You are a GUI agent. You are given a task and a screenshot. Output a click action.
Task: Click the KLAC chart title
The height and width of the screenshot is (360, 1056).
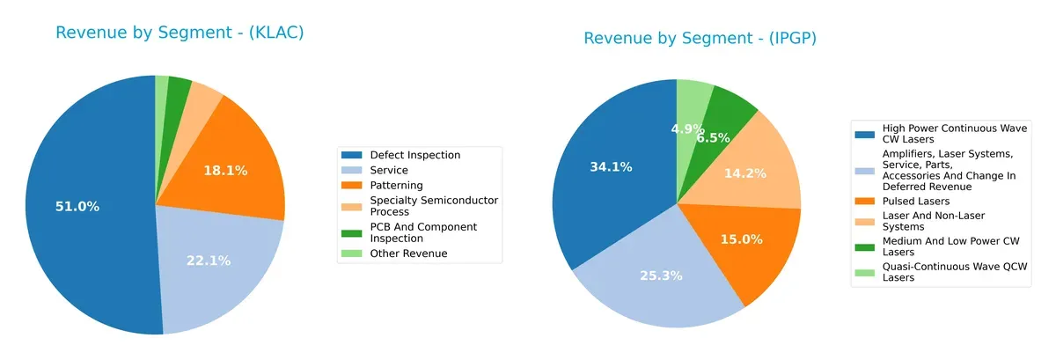click(180, 33)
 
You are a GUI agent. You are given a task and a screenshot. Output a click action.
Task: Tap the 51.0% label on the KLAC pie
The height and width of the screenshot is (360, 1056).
click(77, 207)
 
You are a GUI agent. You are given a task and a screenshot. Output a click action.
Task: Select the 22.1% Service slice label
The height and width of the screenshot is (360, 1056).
click(208, 261)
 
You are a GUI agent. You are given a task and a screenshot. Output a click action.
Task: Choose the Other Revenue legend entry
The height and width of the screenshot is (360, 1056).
click(407, 253)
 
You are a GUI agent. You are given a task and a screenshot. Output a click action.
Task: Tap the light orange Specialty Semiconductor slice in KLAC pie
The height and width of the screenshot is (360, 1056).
click(205, 94)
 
